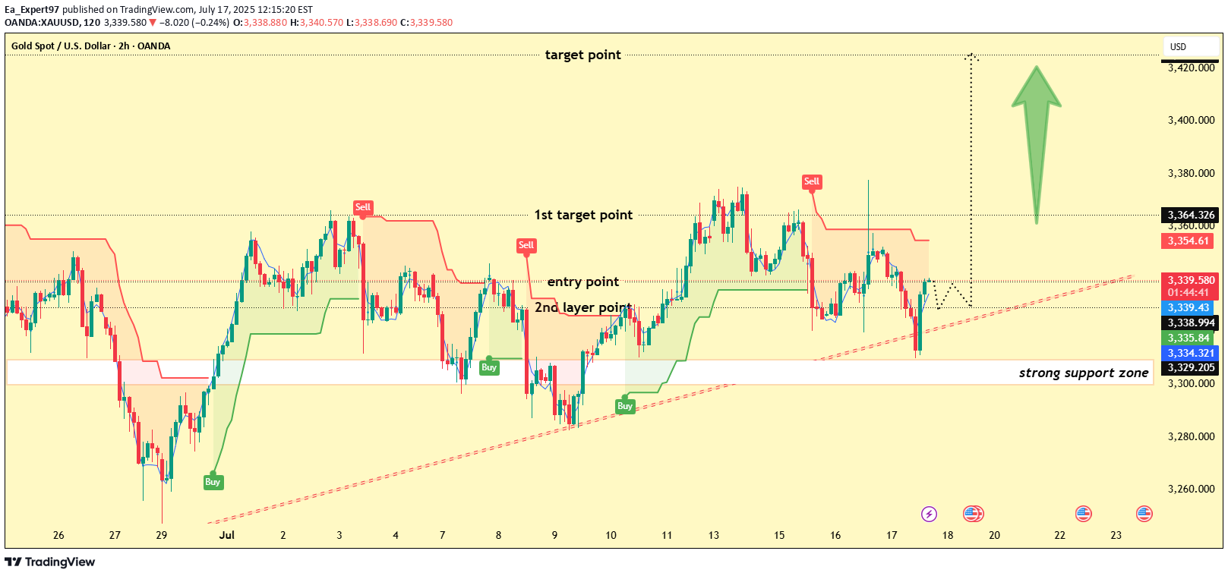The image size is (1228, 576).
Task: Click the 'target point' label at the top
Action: pos(582,55)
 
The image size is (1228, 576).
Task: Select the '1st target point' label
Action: pos(582,215)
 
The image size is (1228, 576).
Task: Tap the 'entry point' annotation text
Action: pos(582,282)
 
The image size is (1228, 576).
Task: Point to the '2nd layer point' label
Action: pos(582,307)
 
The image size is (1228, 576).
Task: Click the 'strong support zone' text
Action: pos(1083,373)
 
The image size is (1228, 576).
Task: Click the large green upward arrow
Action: pos(1036,140)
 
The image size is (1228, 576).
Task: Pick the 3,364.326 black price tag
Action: pos(1191,215)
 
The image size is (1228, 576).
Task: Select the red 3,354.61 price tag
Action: pos(1188,241)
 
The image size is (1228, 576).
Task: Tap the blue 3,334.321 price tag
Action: pos(1191,353)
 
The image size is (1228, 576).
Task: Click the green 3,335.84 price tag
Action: pos(1189,338)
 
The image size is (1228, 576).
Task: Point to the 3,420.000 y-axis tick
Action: pos(1191,68)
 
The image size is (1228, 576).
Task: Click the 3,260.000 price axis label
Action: pos(1191,489)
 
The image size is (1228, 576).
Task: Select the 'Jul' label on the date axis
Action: pos(226,535)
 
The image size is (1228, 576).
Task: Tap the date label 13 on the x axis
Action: pos(714,535)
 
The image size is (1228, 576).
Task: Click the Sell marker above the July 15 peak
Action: pos(812,181)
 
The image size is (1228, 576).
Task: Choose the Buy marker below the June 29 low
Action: pos(213,482)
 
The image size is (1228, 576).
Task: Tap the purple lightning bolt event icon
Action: pos(929,514)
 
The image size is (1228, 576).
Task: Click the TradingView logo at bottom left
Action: pos(50,562)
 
